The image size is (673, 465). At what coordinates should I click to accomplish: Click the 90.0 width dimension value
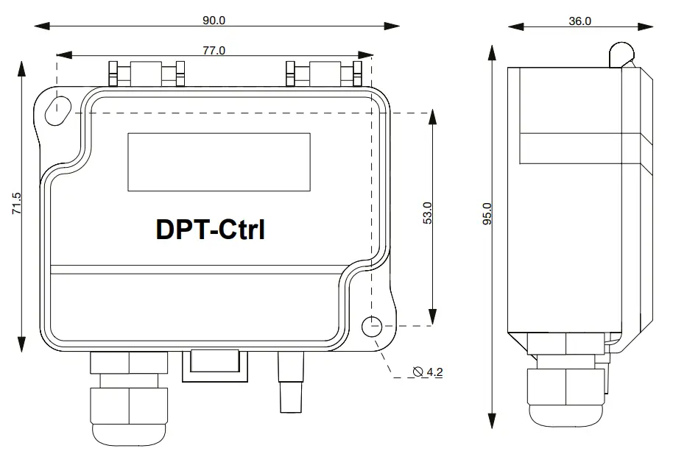tap(214, 21)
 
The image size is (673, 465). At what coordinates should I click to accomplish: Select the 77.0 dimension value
tap(214, 51)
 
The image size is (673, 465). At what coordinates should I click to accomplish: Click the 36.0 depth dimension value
tap(580, 21)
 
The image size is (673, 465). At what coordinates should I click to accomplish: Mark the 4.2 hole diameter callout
tap(434, 372)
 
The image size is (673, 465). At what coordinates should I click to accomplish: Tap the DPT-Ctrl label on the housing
tap(211, 229)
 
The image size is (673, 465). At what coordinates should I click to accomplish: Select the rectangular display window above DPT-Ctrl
tap(219, 162)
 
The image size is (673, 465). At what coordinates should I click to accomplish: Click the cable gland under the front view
tap(128, 397)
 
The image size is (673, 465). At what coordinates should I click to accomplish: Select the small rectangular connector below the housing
tap(214, 364)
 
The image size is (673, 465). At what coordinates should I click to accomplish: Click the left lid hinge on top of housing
tap(146, 74)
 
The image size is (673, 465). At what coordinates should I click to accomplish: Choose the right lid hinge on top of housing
tap(325, 74)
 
